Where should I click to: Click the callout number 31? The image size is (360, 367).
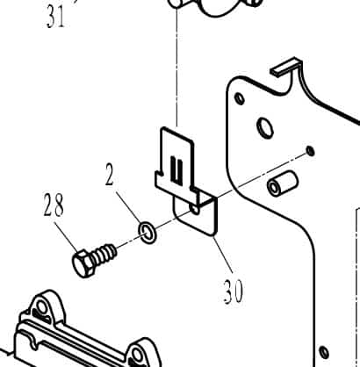tap(54, 17)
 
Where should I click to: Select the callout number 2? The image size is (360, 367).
tap(109, 175)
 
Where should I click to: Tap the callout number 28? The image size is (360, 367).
tap(54, 205)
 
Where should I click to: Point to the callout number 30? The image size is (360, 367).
tap(234, 291)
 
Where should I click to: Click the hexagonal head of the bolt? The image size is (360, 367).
tap(83, 263)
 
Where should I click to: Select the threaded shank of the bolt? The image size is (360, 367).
tap(104, 254)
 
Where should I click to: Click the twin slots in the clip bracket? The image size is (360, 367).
tap(176, 169)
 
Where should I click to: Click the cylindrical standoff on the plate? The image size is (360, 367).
tap(283, 183)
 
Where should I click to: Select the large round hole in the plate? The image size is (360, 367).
tap(265, 127)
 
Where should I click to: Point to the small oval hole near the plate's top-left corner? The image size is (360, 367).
tap(240, 99)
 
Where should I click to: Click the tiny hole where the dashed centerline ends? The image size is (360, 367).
tap(310, 151)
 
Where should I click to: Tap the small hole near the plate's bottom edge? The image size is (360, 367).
tap(323, 351)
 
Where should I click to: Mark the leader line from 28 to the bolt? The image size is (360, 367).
tap(66, 237)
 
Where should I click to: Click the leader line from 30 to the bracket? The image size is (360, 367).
tap(223, 254)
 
